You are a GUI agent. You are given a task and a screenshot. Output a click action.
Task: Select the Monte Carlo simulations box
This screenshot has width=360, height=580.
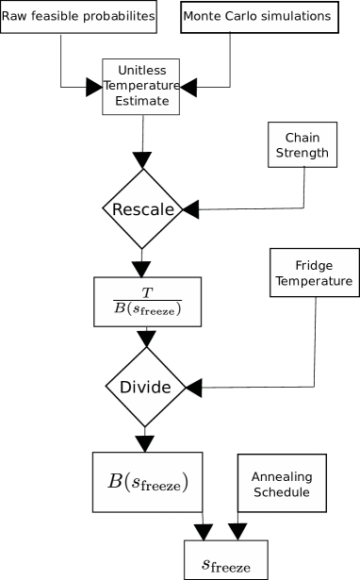(257, 17)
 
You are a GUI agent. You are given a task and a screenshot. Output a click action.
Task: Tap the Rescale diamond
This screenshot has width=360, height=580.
(142, 209)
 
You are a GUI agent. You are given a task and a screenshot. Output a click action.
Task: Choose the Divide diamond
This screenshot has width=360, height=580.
(145, 388)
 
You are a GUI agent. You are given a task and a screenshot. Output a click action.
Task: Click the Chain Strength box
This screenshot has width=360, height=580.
(303, 145)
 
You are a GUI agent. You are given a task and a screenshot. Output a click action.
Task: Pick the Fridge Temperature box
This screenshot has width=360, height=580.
(315, 273)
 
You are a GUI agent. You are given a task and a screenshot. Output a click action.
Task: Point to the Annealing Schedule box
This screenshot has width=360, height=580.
(281, 484)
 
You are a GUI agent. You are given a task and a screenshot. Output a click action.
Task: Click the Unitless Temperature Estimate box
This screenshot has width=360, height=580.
(141, 86)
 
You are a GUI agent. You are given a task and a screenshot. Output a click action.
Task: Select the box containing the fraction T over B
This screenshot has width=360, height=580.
(148, 303)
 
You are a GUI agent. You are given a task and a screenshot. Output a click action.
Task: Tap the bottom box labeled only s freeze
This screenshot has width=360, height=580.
(225, 565)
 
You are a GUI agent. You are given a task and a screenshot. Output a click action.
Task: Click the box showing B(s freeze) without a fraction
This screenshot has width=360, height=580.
(149, 482)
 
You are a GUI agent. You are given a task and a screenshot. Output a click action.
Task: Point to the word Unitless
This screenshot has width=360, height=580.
(142, 71)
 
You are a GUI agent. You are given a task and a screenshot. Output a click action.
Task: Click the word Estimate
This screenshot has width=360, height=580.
(142, 101)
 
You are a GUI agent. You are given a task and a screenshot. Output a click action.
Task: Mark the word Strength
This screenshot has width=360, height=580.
(303, 153)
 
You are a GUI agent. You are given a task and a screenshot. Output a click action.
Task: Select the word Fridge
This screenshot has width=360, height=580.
(314, 265)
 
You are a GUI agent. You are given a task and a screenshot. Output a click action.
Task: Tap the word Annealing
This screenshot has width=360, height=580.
(281, 476)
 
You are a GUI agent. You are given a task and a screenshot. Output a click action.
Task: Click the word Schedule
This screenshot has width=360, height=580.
(281, 492)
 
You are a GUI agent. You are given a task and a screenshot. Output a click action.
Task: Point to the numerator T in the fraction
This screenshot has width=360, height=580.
(147, 292)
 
